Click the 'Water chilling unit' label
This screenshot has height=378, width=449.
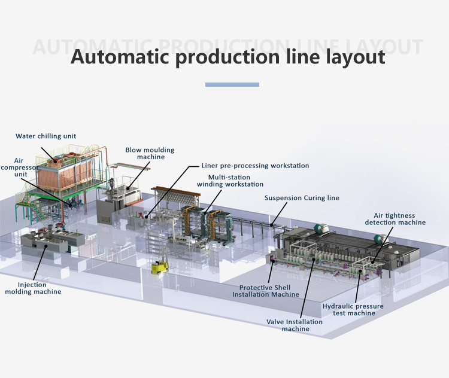(x=46, y=136)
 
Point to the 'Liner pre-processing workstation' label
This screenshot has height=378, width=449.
(x=256, y=166)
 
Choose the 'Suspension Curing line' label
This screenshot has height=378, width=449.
(x=302, y=198)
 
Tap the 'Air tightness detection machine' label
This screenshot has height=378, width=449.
(x=395, y=219)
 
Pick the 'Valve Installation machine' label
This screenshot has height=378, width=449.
(x=295, y=325)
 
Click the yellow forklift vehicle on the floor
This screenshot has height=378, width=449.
(x=159, y=267)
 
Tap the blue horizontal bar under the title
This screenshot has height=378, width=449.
(x=232, y=85)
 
